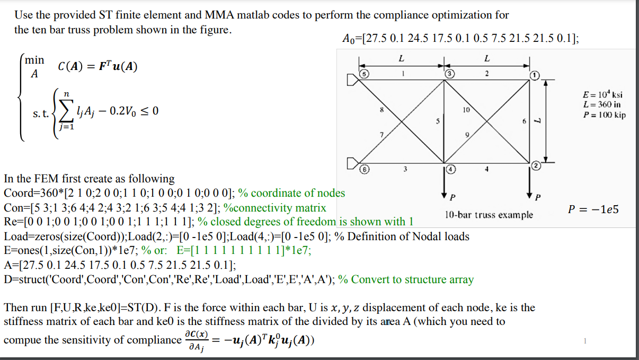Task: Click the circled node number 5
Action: pos(364,73)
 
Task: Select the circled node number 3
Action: pos(448,74)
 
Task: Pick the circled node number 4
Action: pos(450,169)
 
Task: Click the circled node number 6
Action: pos(364,169)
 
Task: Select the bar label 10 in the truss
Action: pos(466,110)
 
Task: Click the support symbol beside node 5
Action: pos(352,80)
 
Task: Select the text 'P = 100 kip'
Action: pos(603,115)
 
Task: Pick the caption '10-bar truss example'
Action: pos(489,215)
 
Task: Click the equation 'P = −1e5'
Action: pos(593,209)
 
